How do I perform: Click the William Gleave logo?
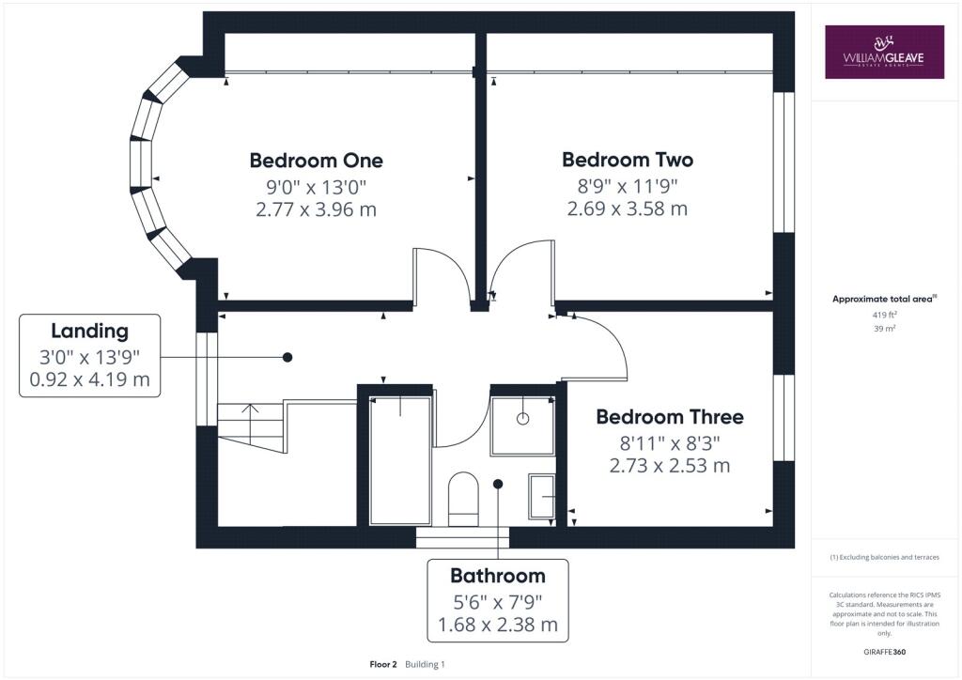tap(884, 52)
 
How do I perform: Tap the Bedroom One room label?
tap(316, 161)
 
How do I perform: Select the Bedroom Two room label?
tap(628, 160)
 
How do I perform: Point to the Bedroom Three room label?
tap(670, 417)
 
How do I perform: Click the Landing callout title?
tap(89, 332)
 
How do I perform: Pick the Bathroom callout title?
tap(498, 576)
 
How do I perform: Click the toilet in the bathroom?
tap(463, 499)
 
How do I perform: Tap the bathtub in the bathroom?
tap(400, 460)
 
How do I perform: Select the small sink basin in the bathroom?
tap(542, 496)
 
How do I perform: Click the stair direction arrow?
tap(250, 423)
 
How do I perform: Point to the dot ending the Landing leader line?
tap(287, 357)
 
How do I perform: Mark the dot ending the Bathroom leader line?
tap(498, 484)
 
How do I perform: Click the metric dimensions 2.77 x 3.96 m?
tap(316, 209)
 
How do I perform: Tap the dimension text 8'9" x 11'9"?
tap(628, 185)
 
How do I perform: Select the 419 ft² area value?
tap(884, 315)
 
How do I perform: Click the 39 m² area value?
tap(884, 329)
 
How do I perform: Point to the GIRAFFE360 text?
tap(884, 652)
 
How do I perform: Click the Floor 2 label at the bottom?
tap(383, 664)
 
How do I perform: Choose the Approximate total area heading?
tap(884, 300)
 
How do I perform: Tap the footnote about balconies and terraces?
tap(884, 557)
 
